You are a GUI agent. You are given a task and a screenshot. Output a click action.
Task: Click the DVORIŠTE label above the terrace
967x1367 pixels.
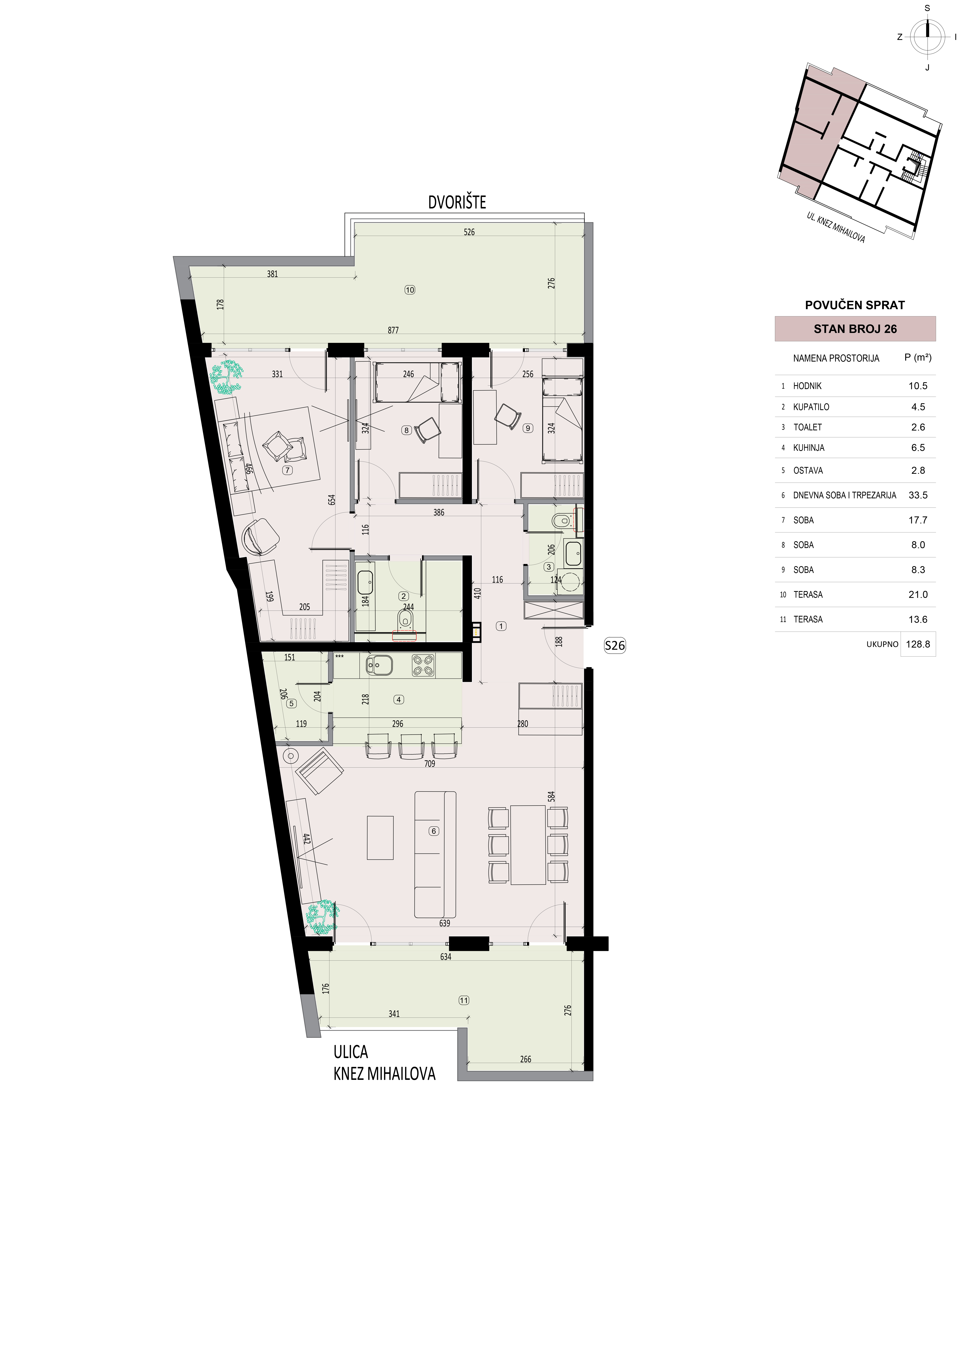tap(457, 202)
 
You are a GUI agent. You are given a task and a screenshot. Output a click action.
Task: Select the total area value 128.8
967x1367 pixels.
tap(918, 644)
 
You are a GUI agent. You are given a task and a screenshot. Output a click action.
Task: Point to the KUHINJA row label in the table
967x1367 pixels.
tap(809, 448)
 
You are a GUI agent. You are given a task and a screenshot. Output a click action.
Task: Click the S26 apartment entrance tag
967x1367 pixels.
tap(615, 645)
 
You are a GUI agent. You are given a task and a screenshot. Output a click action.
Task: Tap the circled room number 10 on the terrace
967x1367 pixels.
tap(410, 290)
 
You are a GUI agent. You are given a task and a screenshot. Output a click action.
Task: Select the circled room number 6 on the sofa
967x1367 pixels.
tap(434, 831)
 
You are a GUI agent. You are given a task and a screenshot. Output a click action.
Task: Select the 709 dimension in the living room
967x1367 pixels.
tap(429, 764)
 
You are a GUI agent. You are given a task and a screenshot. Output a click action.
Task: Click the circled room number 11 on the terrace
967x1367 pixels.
tap(464, 1000)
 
